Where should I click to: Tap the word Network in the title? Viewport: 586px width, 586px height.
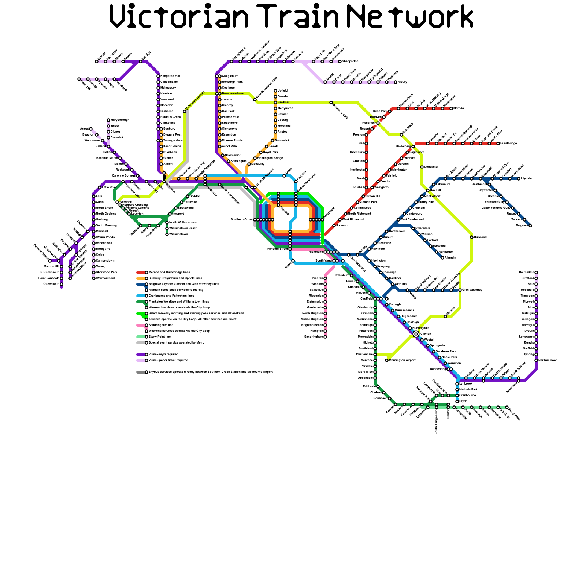coord(410,16)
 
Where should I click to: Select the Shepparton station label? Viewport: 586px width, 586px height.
coord(350,62)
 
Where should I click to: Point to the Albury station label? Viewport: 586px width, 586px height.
coord(403,82)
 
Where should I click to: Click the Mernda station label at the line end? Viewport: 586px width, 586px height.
coord(459,108)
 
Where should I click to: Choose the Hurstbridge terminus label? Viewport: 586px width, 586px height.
coord(508,144)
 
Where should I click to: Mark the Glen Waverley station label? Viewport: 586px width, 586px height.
coord(472,290)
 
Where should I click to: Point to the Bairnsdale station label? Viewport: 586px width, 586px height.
coord(526,272)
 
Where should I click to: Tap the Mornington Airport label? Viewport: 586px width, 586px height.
coord(402,360)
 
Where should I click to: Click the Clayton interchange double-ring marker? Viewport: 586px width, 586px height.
coord(416,334)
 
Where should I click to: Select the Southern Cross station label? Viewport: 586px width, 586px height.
coord(242,220)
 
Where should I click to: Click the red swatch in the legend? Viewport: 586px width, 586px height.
coord(141,272)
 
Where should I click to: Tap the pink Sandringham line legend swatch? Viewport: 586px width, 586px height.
coord(141,325)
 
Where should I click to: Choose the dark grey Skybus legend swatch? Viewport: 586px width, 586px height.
coord(141,372)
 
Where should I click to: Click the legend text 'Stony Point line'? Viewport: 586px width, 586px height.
coord(160,337)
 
